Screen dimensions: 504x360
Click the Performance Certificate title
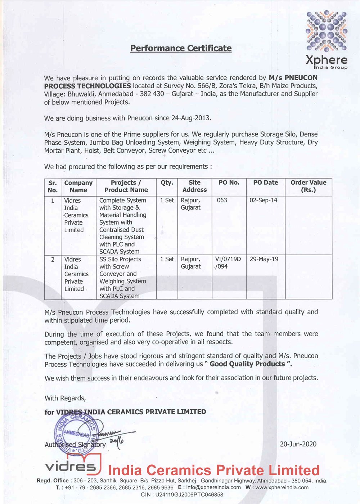coord(181,48)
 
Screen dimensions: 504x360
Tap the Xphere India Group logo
coord(327,40)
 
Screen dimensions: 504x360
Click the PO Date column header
coord(265,183)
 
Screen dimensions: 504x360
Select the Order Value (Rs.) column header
coord(308,186)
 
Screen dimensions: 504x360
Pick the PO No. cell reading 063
coord(222,200)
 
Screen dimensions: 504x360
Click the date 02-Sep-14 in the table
coord(264,200)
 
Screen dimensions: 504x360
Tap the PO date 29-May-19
coord(264,259)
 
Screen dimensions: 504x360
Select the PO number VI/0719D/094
coord(228,263)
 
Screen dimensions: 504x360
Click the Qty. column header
coord(167,183)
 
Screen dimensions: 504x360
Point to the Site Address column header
coord(194,186)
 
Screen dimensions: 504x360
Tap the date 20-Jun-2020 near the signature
coord(298,444)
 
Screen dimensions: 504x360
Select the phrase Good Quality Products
coord(247,364)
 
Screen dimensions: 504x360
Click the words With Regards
coord(65,398)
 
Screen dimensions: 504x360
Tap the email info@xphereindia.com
coord(213,487)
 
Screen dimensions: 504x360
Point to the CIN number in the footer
coord(182,495)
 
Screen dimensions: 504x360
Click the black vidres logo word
coord(71,467)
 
